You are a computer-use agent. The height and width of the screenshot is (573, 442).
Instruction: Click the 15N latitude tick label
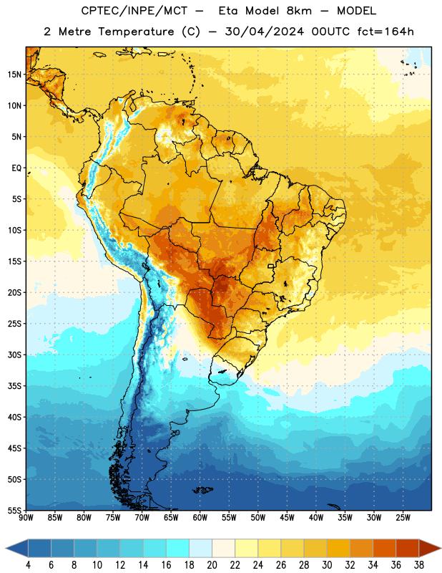pos(14,74)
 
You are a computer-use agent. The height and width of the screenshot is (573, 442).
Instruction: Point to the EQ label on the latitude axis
pos(16,168)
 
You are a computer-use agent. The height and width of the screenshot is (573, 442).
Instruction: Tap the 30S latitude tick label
pos(14,355)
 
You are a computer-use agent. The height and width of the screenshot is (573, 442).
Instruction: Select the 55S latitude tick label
pos(14,510)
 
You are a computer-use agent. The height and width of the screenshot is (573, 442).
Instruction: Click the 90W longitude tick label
pos(26,518)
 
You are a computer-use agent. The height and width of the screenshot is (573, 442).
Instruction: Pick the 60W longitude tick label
pos(200,518)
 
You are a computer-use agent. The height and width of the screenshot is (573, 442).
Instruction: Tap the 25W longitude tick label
pos(403,518)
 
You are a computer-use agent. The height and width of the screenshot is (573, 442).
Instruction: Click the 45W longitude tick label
pos(287,518)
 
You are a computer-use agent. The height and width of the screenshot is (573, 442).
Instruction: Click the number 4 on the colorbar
pos(28,565)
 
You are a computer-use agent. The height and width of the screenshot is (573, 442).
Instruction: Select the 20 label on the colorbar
pos(212,565)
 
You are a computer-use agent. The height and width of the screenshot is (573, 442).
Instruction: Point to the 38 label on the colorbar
pos(418,565)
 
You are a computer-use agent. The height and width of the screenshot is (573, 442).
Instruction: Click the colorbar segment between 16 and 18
pos(177,548)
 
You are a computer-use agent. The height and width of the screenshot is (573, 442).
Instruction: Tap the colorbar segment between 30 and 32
pos(338,548)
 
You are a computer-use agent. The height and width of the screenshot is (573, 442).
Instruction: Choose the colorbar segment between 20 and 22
pos(223,548)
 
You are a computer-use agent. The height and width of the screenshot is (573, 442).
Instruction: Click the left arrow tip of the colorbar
pos(6,548)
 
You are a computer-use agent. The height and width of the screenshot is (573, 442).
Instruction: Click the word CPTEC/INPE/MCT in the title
pos(134,11)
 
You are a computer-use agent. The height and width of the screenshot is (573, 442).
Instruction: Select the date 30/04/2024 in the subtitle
pos(264,32)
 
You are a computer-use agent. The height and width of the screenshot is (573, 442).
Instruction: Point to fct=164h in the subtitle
pos(385,32)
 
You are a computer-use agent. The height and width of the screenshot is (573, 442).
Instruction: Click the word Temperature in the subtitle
pos(136,32)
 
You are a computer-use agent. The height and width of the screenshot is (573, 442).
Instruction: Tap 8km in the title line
pos(299,11)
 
